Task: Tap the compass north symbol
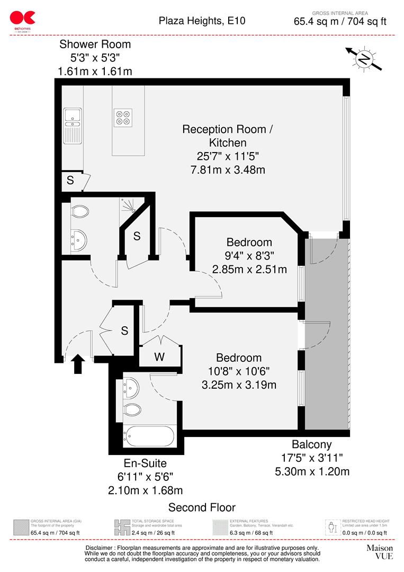[x=363, y=59]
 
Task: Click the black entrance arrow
[x=78, y=364]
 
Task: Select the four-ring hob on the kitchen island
[x=124, y=117]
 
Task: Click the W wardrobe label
[x=159, y=356]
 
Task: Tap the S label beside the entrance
[x=125, y=331]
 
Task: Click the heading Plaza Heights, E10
[x=202, y=21]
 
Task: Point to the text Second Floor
[x=202, y=507]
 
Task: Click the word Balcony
[x=312, y=444]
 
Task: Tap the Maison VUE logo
[x=380, y=552]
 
